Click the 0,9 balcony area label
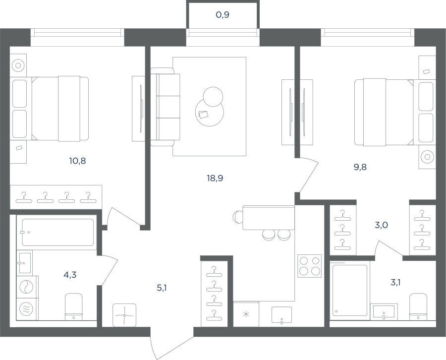(x=223, y=14)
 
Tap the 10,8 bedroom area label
(x=77, y=161)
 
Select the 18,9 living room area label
(x=215, y=178)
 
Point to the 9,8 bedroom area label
(x=360, y=167)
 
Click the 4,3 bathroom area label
(x=70, y=275)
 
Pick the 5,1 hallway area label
(x=162, y=288)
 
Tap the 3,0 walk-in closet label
(x=381, y=225)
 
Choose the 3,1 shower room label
(x=395, y=282)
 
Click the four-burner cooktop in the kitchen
(x=309, y=266)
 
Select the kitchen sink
(x=281, y=315)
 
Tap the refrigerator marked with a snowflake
(x=246, y=314)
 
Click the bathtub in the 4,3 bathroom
(x=58, y=232)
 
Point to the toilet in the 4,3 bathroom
(x=74, y=306)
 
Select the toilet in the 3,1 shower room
(x=418, y=306)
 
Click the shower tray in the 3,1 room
(x=350, y=290)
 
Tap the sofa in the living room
(x=165, y=107)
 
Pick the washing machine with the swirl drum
(x=26, y=287)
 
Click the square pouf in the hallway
(x=124, y=315)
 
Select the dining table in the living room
(x=269, y=217)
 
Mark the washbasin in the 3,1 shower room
(x=384, y=311)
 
